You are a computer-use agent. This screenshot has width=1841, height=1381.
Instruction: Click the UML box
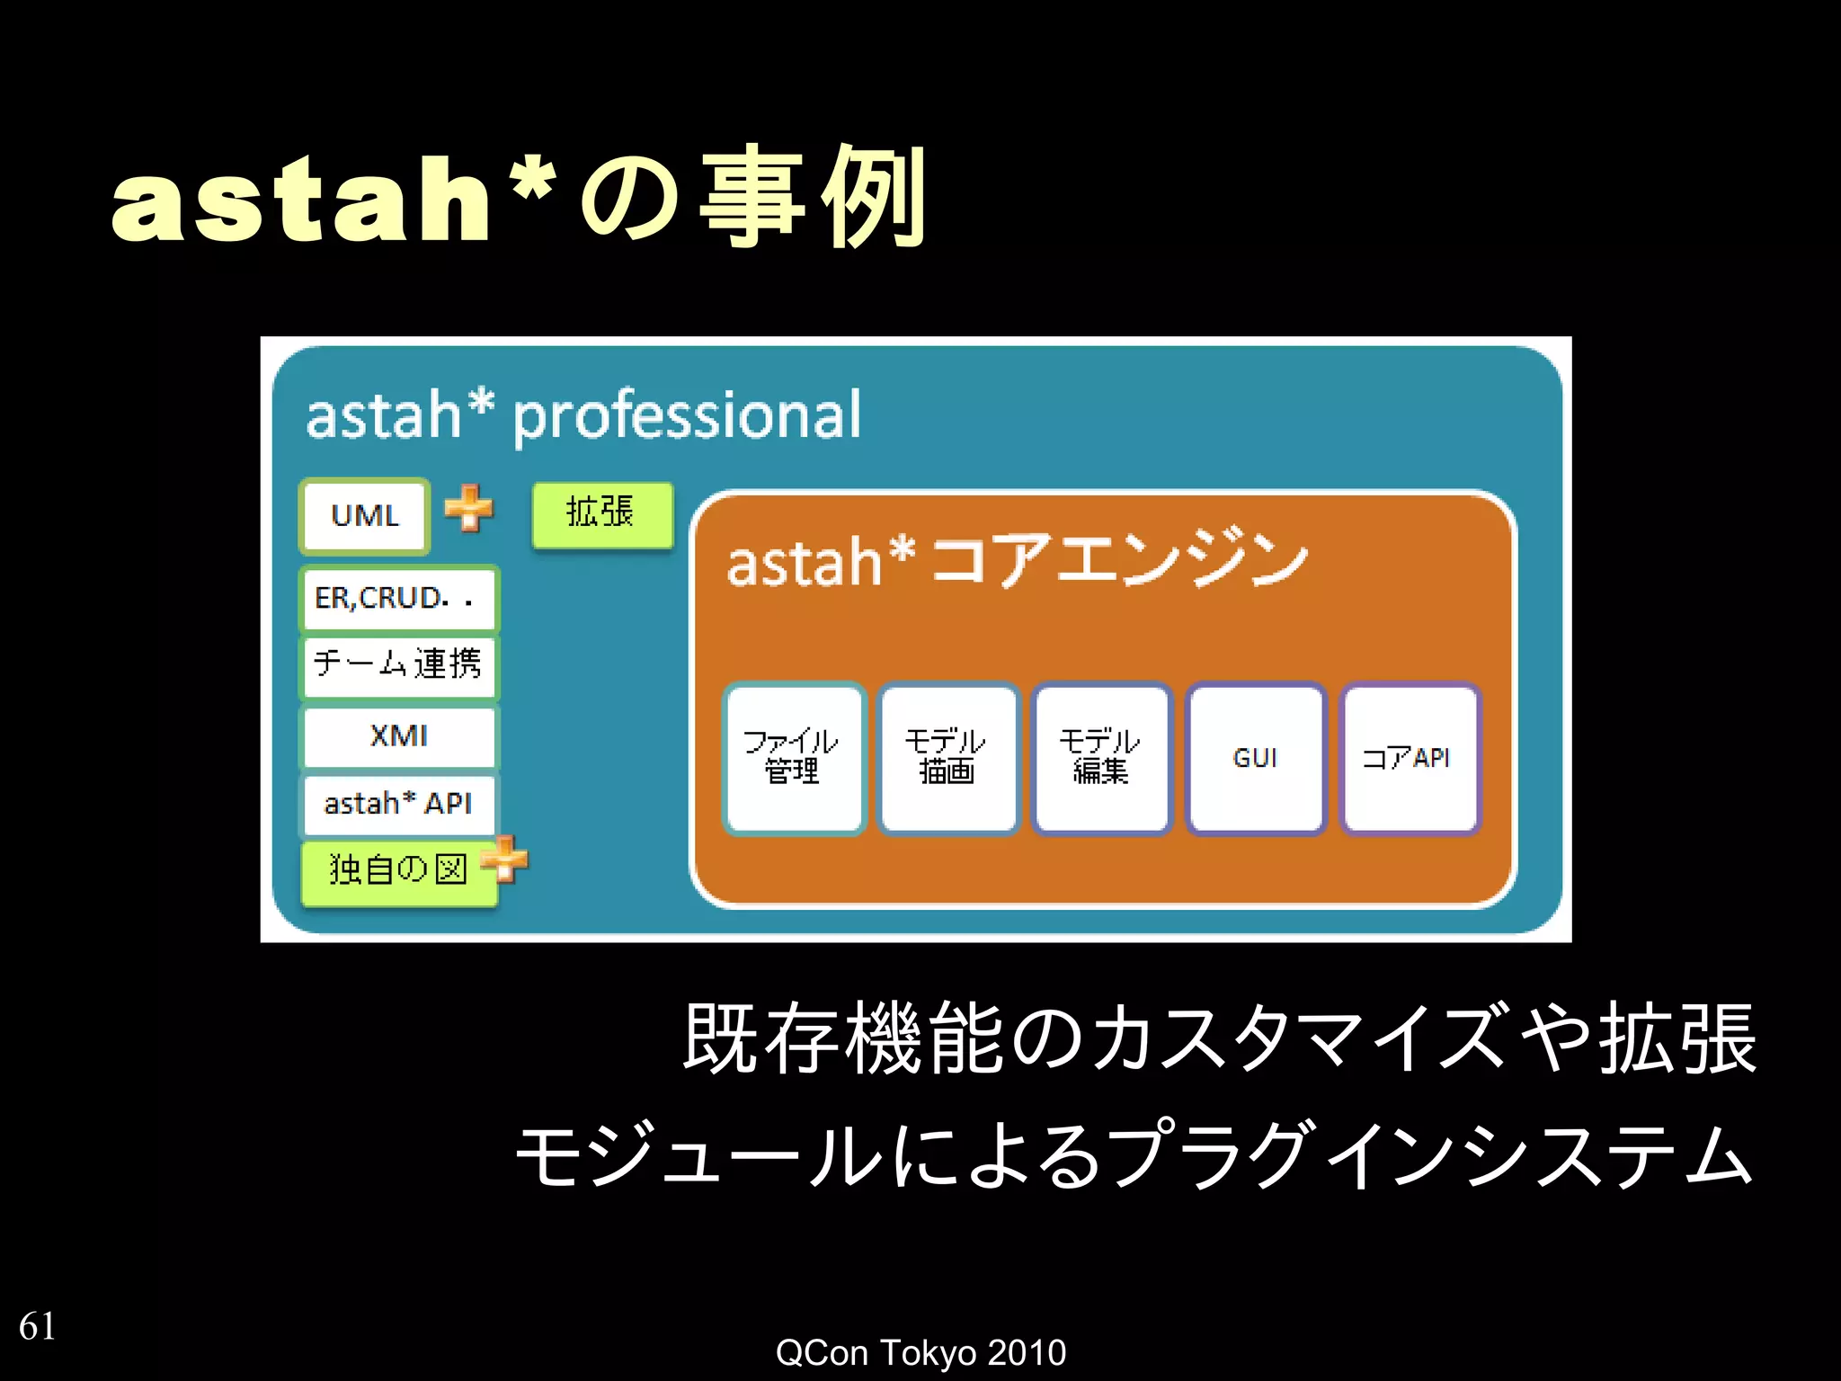364,516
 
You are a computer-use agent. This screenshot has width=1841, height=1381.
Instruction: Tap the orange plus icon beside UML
469,508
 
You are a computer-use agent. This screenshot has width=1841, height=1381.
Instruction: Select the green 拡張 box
601,514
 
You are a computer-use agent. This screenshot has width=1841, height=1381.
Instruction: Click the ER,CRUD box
398,599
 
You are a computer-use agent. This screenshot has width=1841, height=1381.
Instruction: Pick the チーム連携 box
398,666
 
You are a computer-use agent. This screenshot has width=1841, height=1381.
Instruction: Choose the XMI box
398,736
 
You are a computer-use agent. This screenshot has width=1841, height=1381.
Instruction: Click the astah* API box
398,804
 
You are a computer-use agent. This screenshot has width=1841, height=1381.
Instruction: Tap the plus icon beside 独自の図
506,860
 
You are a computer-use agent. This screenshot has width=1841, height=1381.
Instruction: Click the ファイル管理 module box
793,758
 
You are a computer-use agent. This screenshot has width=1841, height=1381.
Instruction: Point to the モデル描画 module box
947,758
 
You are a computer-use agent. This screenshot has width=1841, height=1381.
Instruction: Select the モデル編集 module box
1101,758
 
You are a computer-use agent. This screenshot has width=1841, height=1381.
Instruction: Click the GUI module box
1255,758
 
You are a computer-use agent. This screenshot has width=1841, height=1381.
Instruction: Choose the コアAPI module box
1408,758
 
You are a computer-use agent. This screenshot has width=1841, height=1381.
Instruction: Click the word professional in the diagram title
687,417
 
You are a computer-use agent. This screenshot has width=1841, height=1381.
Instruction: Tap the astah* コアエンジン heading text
1016,562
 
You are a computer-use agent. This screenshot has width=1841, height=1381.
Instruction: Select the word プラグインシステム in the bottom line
1429,1156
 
